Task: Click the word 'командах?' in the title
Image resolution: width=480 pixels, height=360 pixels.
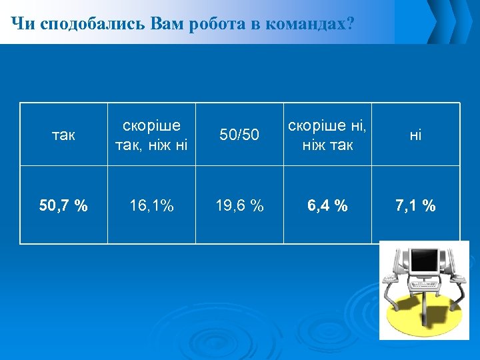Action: pyautogui.click(x=309, y=25)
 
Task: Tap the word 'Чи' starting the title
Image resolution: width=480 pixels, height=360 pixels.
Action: pyautogui.click(x=23, y=25)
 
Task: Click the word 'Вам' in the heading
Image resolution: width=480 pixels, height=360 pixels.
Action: pyautogui.click(x=170, y=25)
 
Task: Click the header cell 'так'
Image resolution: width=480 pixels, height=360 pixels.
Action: pyautogui.click(x=63, y=135)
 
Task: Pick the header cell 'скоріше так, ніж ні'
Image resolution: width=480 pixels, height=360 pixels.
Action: pyautogui.click(x=151, y=135)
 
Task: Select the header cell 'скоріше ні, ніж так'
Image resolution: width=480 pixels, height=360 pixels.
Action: pyautogui.click(x=327, y=135)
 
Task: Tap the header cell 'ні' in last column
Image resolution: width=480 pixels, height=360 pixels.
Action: pyautogui.click(x=415, y=135)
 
